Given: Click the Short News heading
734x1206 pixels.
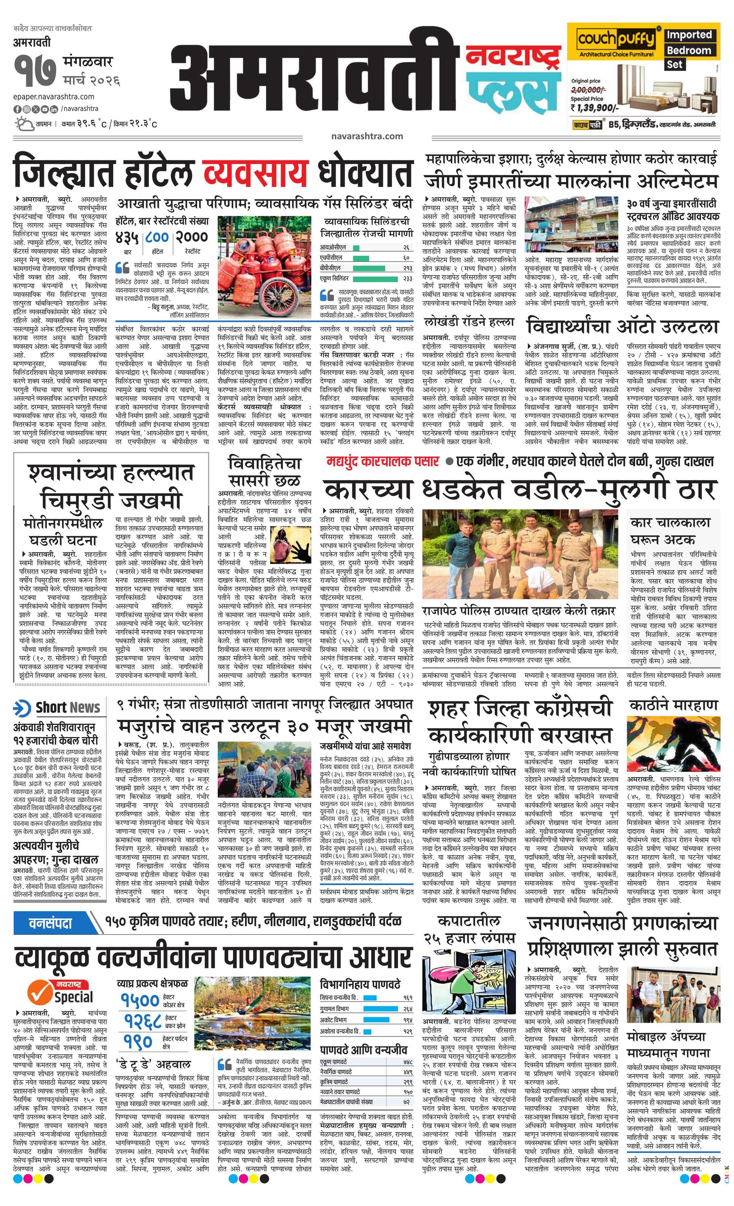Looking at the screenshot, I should tap(57, 708).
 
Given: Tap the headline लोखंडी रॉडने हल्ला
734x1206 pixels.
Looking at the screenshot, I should tap(469, 322).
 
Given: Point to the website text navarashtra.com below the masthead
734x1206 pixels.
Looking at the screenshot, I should tap(367, 136).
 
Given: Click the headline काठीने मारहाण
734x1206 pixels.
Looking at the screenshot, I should tap(673, 705).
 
